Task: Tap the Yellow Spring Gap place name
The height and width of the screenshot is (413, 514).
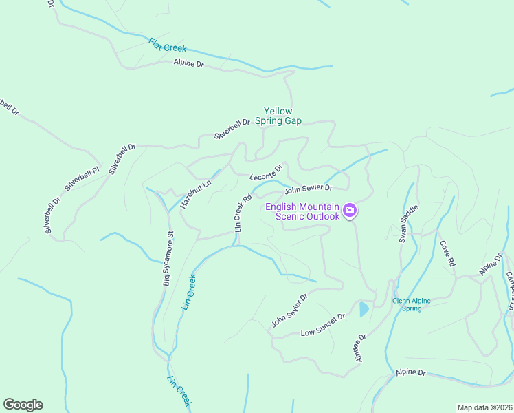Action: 278,116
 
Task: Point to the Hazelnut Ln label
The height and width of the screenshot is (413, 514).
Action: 195,194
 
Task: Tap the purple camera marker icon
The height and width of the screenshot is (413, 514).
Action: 350,211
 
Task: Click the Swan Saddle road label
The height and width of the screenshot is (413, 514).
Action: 409,223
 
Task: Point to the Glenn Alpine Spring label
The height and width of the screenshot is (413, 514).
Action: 416,304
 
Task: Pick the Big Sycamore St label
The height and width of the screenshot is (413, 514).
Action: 169,259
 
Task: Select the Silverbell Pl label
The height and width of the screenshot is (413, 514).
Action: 83,178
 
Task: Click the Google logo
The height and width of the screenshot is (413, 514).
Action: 23,405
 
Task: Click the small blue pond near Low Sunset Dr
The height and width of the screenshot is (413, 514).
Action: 363,309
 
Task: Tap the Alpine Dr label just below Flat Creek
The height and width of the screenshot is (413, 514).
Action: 189,63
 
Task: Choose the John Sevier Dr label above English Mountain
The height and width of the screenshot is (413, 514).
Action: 309,187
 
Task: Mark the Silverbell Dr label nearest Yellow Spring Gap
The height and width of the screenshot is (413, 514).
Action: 232,129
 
